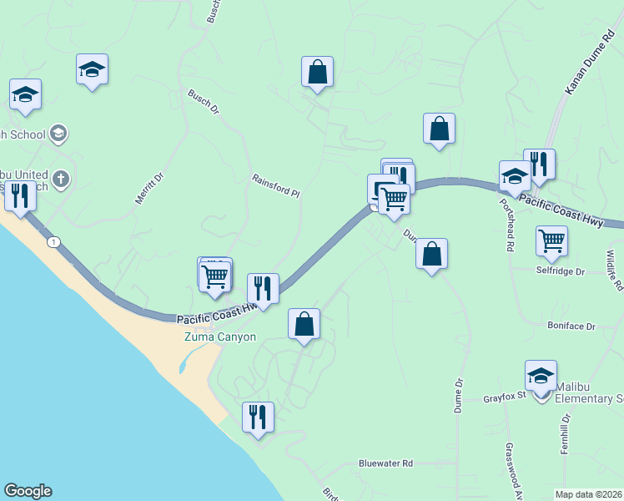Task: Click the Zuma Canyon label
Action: coord(219,337)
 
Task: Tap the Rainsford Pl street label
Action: coord(275,185)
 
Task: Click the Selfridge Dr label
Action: coord(561,271)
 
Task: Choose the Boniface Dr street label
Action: coord(571,326)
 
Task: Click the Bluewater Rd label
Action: coord(385,463)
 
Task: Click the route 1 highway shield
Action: coord(54,241)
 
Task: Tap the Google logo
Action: coord(28,491)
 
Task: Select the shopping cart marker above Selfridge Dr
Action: coord(551,241)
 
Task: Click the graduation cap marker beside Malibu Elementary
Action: coord(541,376)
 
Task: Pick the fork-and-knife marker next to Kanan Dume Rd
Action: coord(539,164)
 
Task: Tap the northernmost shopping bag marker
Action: coord(317,72)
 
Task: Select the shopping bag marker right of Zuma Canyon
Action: coord(304,324)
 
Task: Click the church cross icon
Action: coord(59,179)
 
